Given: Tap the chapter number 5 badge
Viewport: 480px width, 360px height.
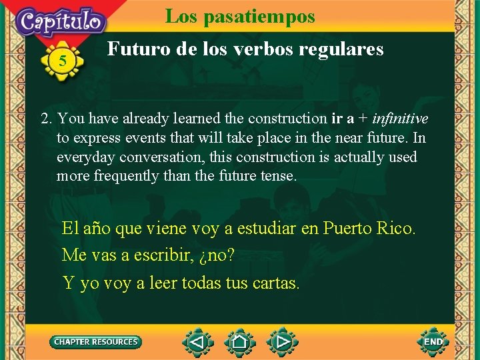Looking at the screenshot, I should (63, 61).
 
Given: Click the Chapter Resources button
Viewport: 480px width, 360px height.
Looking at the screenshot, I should (96, 342).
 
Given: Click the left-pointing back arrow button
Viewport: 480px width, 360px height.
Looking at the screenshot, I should (197, 343).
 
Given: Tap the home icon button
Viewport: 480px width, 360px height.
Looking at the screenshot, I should (240, 343).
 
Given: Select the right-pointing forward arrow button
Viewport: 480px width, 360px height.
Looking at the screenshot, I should (283, 343).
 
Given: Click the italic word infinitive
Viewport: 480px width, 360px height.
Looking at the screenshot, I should (400, 119).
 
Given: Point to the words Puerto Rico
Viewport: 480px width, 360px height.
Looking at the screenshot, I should (369, 229).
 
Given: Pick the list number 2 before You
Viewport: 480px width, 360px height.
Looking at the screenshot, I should (46, 119).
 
